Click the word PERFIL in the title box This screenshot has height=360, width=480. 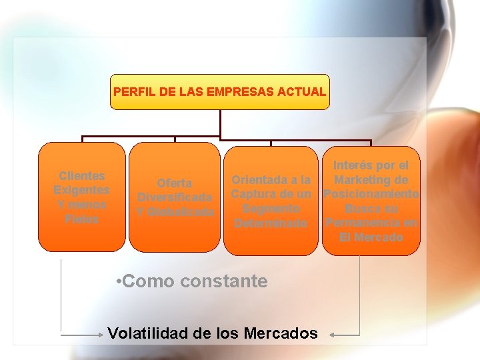click(133, 91)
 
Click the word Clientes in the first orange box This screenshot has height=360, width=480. click(82, 176)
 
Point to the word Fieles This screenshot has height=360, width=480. click(82, 219)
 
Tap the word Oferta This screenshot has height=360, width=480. click(175, 183)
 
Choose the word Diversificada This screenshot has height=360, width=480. click(175, 197)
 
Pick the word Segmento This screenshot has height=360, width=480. click(271, 209)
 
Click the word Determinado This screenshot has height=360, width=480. click(271, 223)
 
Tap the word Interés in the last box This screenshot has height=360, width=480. click(354, 165)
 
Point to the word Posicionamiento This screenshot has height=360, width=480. click(371, 194)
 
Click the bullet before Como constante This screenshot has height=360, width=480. click(117, 281)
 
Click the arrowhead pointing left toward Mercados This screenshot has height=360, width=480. click(333, 334)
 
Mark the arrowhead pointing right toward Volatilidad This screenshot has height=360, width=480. click(99, 334)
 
